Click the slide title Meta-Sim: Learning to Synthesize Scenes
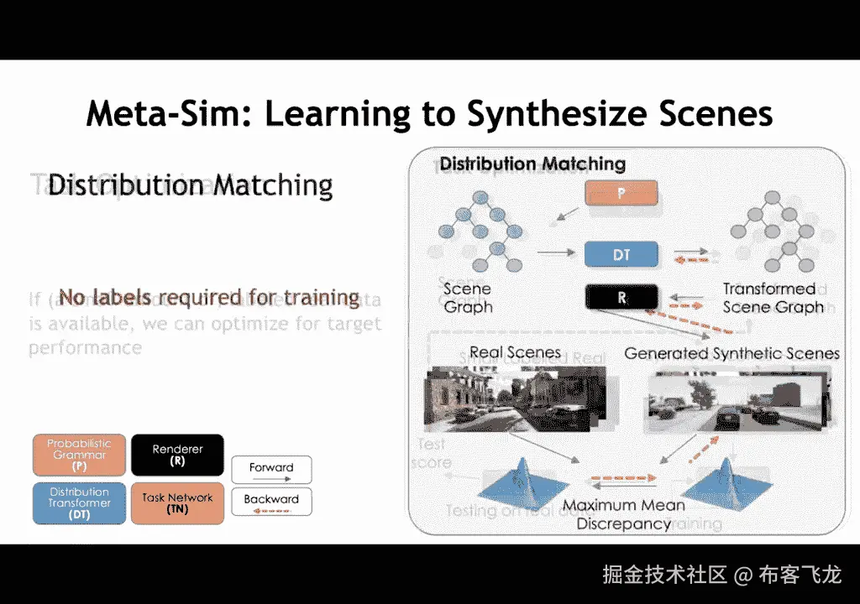[x=429, y=113]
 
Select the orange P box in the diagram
[x=621, y=194]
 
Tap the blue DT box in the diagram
[x=621, y=254]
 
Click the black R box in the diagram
[x=621, y=298]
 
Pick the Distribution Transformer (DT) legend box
[x=79, y=503]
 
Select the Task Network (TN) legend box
[x=177, y=503]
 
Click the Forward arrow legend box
[x=271, y=470]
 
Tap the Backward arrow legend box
[x=271, y=502]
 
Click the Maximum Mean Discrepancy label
[x=624, y=514]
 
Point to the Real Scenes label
[x=515, y=352]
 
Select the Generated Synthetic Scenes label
[x=732, y=353]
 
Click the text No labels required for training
[x=209, y=297]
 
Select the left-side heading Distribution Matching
[x=191, y=185]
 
